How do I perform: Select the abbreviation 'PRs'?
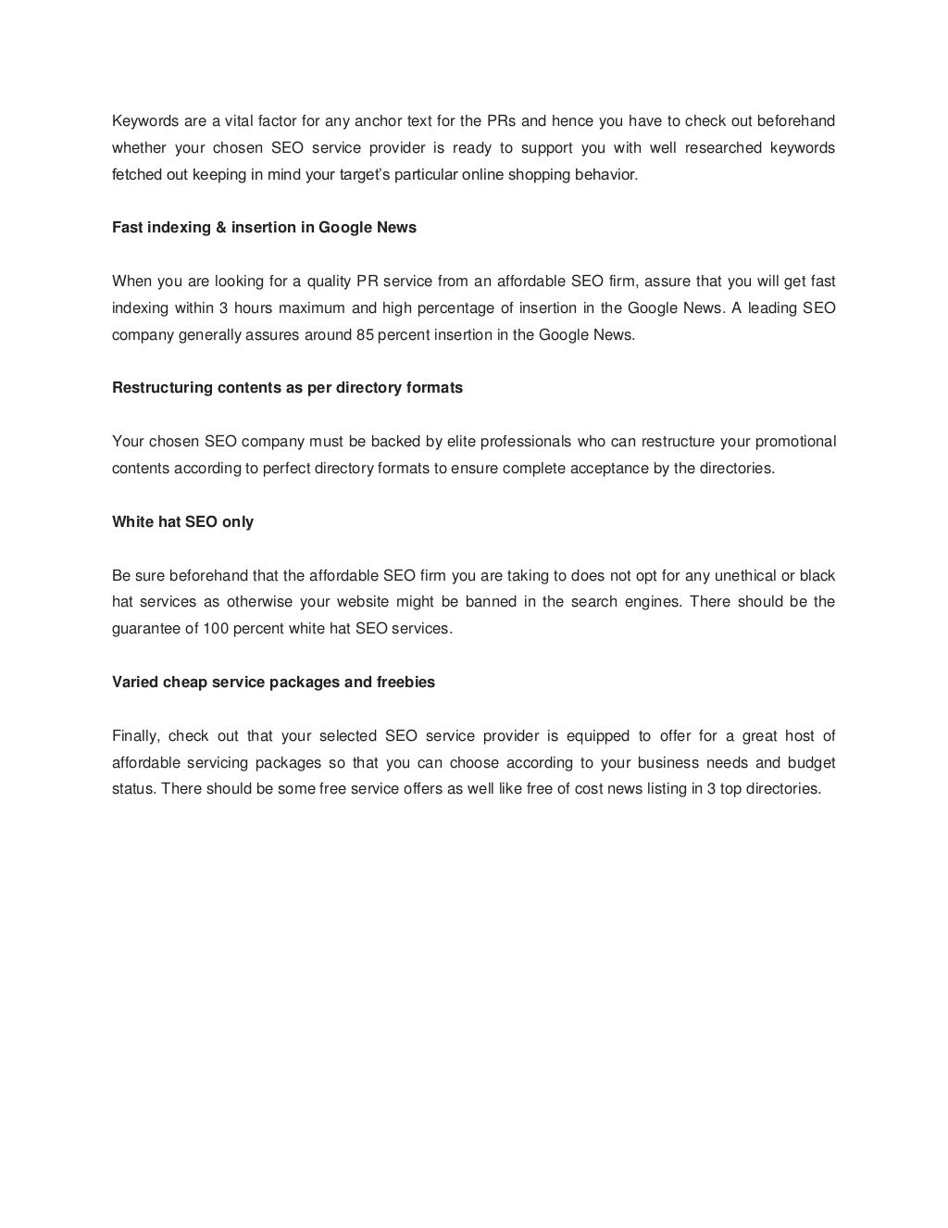502,121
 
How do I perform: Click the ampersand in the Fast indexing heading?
221,228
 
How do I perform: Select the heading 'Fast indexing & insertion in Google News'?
264,228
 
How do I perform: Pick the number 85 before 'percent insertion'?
364,335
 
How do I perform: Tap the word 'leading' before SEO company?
770,308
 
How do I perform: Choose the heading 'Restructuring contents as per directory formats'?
287,388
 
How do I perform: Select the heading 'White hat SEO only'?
182,522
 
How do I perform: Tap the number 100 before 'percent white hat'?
215,629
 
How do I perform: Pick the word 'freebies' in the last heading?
405,683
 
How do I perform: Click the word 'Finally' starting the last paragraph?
136,736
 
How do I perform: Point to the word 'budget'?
811,763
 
